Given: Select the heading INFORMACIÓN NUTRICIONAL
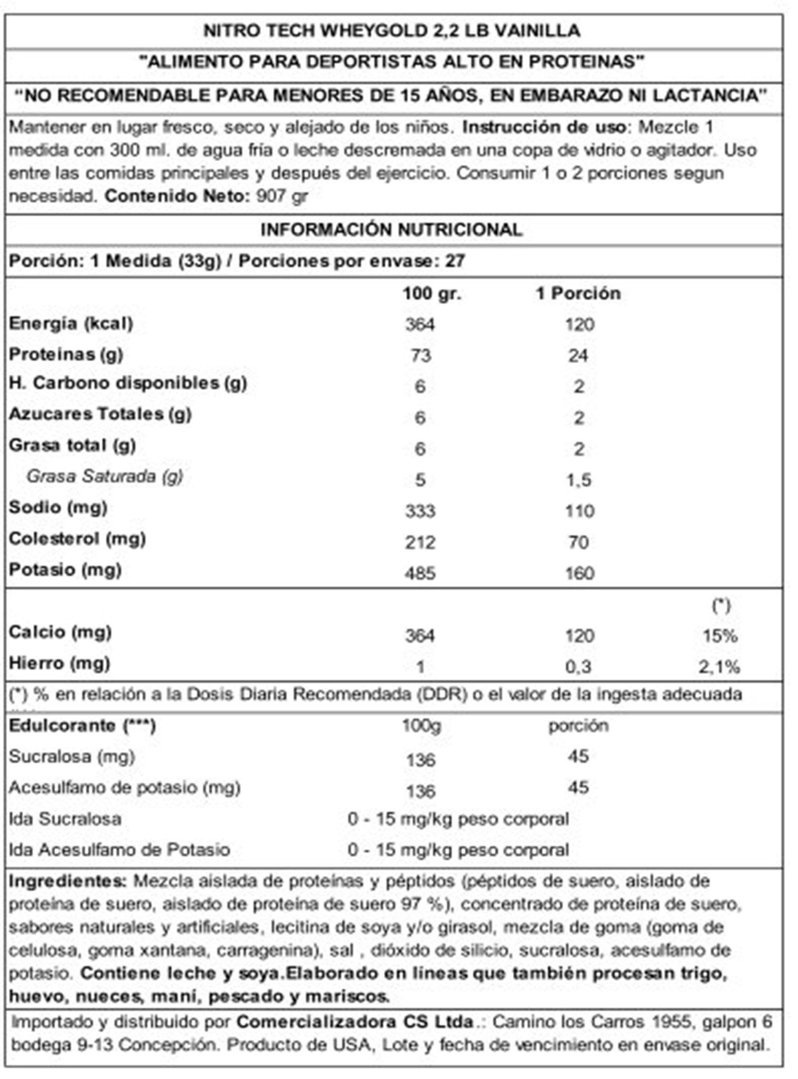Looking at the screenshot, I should (x=391, y=230).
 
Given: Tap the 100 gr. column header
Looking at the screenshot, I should (x=432, y=293).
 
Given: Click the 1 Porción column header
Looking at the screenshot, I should (x=578, y=293).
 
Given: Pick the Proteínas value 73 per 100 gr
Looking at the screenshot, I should (x=420, y=356).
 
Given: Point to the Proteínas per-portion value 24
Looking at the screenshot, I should (x=578, y=356).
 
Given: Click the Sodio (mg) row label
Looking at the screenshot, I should (x=58, y=507).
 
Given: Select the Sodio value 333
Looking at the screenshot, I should (x=420, y=511).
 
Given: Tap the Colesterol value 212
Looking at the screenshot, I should (x=420, y=542).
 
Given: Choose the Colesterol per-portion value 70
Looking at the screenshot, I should (x=578, y=542).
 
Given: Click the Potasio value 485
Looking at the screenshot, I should (x=420, y=574).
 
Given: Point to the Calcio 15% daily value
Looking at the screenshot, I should (x=720, y=636).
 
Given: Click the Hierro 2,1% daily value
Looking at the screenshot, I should (x=719, y=667).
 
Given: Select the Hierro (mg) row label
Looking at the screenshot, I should (x=59, y=663).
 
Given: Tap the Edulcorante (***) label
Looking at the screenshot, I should (x=82, y=726).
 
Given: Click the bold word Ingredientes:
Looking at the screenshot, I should (x=67, y=881).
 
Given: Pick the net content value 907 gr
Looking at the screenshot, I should (x=282, y=196).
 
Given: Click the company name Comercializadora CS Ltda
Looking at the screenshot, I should (x=355, y=1022).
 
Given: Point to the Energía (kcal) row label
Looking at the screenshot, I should (x=70, y=324).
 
